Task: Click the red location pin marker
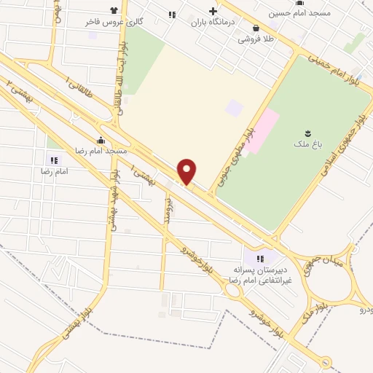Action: pyautogui.click(x=187, y=171)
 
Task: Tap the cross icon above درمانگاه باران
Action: pyautogui.click(x=213, y=11)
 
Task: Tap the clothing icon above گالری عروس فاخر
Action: pyautogui.click(x=114, y=11)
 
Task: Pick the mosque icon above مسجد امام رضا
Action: pyautogui.click(x=101, y=139)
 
